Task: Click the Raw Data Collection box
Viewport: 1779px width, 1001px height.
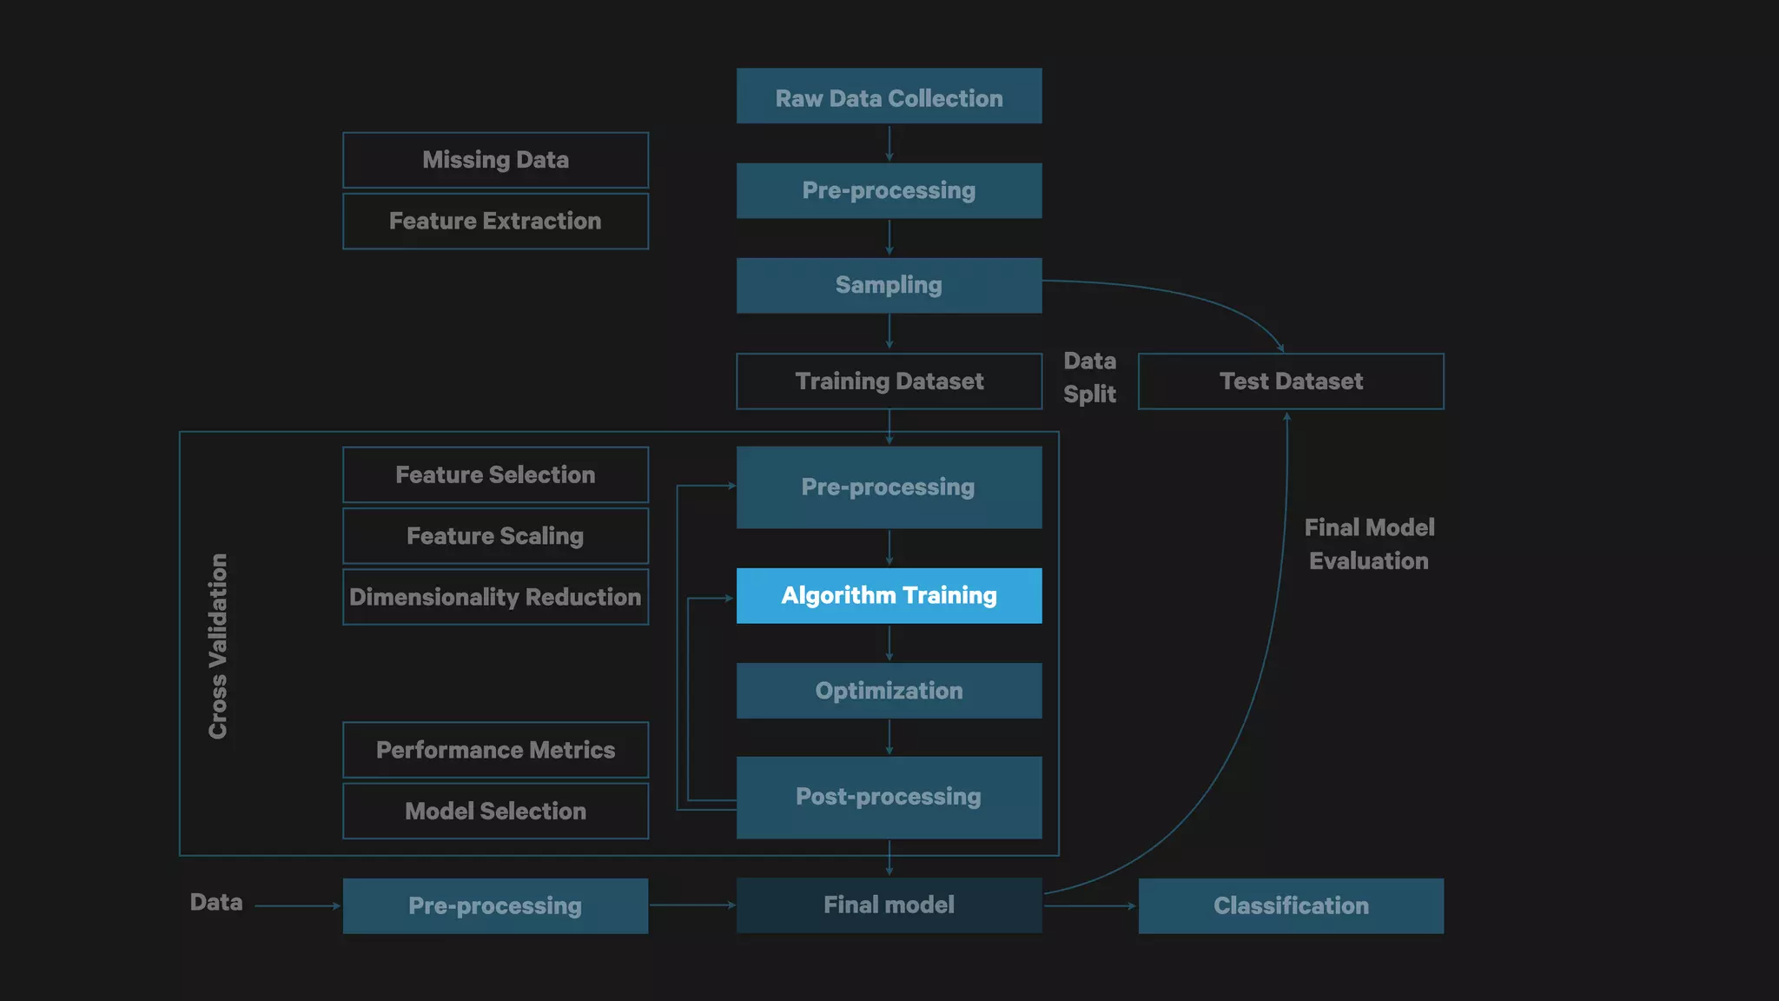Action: pos(889,96)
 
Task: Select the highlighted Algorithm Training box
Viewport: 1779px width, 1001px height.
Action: pos(889,596)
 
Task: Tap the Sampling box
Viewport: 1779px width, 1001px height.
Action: pos(889,286)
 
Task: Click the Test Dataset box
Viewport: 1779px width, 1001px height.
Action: pos(1291,381)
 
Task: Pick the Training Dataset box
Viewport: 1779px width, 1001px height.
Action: pos(889,381)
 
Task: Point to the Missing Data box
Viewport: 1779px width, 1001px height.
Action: pos(495,160)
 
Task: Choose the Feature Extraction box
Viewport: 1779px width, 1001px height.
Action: pos(495,222)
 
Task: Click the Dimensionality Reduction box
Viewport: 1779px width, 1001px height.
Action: pos(495,597)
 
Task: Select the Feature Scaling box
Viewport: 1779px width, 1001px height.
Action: pos(495,536)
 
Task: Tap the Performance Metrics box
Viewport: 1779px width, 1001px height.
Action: pos(495,750)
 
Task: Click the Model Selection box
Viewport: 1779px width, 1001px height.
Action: pos(495,812)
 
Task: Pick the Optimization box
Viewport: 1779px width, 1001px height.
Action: pos(889,691)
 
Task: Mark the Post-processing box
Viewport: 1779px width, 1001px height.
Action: pos(889,797)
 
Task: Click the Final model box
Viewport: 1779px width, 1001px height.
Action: pos(889,905)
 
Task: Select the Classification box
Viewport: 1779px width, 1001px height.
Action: pos(1291,906)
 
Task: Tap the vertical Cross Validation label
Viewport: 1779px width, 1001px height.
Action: pos(218,646)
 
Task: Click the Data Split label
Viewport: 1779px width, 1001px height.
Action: pos(1089,377)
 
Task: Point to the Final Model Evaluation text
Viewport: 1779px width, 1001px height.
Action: pos(1369,544)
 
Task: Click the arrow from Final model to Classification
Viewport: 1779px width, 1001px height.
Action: pos(1089,906)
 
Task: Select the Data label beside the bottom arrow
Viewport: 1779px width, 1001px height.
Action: pos(216,903)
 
